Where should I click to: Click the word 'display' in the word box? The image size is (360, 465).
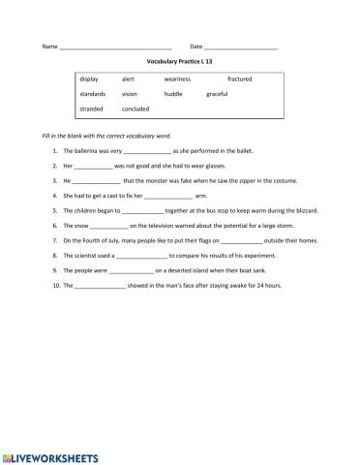pos(90,77)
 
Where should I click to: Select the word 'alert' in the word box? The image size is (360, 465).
pos(128,77)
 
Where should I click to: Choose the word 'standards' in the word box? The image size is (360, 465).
pos(93,94)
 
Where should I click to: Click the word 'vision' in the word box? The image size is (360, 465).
pos(130,94)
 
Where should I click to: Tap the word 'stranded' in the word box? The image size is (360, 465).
pos(92,109)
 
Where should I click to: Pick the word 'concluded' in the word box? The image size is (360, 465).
pos(135,109)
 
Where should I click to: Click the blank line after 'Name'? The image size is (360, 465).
pos(115,47)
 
